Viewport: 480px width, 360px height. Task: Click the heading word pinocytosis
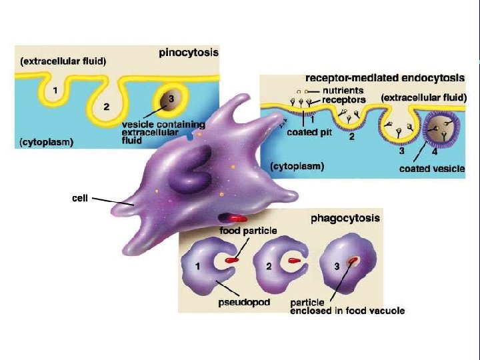tap(188, 51)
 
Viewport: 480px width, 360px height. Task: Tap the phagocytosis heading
tap(345, 217)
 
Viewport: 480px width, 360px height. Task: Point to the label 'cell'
tap(80, 198)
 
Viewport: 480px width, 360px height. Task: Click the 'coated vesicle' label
tap(431, 169)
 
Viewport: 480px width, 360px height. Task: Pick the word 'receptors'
tap(344, 99)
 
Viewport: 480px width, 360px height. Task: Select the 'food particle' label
tap(248, 231)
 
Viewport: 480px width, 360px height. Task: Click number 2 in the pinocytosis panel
tap(107, 107)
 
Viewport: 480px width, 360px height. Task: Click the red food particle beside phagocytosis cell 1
tap(232, 259)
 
